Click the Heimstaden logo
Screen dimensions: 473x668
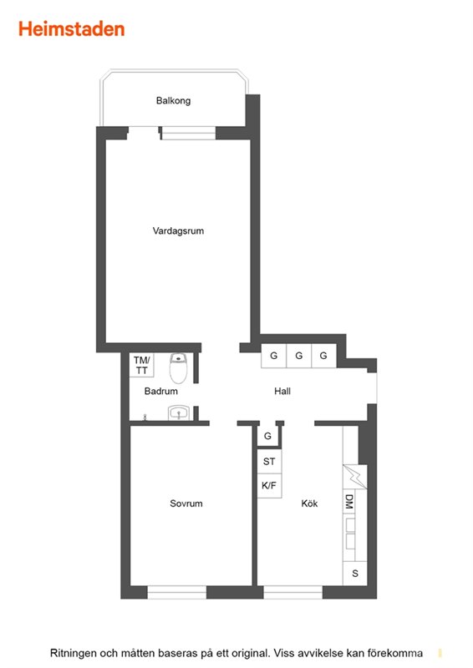[72, 29]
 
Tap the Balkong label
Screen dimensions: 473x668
[173, 101]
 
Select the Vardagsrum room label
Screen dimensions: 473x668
[178, 231]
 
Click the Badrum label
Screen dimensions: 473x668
[160, 391]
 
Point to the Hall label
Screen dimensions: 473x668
[282, 391]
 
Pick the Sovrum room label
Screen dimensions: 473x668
[186, 504]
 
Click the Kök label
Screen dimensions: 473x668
[309, 504]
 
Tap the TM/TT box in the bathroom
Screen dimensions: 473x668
[141, 365]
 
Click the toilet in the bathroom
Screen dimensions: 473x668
[178, 368]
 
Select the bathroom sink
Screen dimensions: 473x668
[179, 412]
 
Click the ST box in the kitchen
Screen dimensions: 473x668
[269, 462]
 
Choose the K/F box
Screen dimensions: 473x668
[269, 486]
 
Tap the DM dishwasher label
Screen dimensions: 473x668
[348, 502]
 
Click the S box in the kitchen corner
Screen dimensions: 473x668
[355, 574]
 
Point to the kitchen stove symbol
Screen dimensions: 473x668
[355, 476]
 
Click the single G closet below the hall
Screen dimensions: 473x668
[268, 436]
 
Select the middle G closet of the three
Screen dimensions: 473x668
[299, 356]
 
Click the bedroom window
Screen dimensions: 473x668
[177, 592]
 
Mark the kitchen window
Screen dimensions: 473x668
[293, 592]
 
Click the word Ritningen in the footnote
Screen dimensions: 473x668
[73, 653]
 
